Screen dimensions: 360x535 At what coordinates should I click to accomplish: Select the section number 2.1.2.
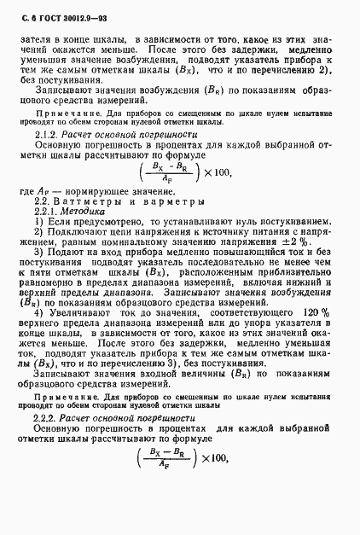[47, 136]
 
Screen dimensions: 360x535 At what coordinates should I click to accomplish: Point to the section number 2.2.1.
[46, 210]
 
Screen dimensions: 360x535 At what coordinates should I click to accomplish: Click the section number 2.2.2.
[46, 444]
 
